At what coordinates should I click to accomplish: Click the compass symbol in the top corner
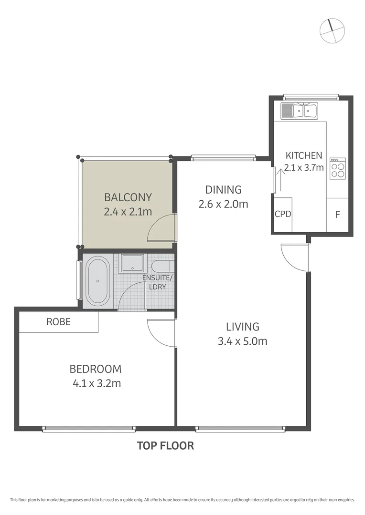point(332,31)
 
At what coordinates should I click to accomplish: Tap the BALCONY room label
point(128,197)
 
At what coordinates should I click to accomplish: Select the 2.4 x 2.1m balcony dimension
point(128,211)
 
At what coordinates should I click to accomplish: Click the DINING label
point(224,190)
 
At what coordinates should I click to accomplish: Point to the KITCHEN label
point(303,155)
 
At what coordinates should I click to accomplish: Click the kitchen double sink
point(300,111)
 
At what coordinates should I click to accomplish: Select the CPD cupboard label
point(283,214)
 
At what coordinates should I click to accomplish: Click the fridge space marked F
point(337,215)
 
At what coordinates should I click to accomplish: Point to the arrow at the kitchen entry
point(281,177)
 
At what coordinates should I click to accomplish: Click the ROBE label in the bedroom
point(58,322)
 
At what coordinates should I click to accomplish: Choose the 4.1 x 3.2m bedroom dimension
point(96,383)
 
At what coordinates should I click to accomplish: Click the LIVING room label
point(242,327)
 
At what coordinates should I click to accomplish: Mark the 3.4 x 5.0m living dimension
point(242,341)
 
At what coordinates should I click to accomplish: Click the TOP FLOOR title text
point(165,446)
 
